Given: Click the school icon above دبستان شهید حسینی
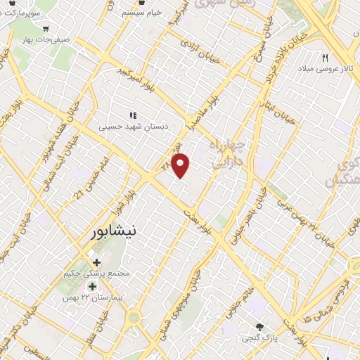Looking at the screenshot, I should click(131, 115).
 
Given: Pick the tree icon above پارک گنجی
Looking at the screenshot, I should click(260, 327).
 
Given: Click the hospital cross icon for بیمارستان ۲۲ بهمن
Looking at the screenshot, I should click(91, 286).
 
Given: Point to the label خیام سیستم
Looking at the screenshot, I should click(161, 13).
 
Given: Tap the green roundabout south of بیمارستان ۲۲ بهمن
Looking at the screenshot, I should click(134, 318).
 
